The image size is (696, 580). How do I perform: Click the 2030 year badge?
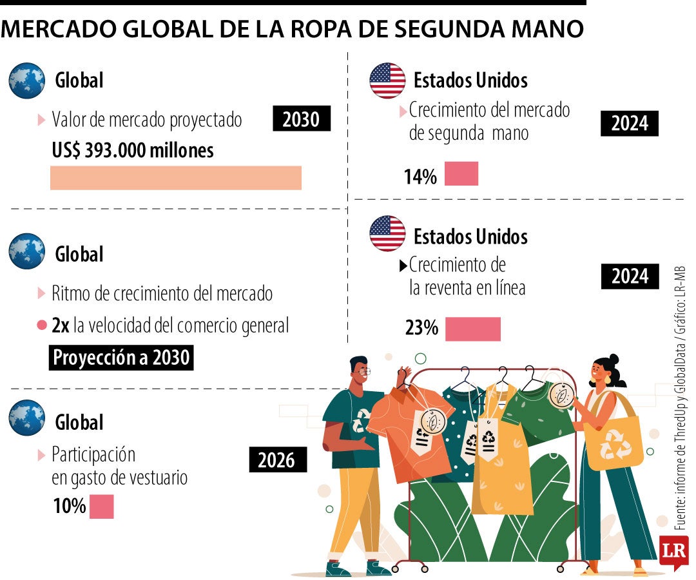tap(302, 119)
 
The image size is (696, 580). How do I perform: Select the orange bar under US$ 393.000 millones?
tap(176, 178)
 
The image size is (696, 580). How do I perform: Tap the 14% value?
tap(420, 176)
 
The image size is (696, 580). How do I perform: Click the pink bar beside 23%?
tap(473, 329)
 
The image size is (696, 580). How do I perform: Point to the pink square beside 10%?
tap(102, 507)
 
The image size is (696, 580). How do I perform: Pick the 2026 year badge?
tap(278, 459)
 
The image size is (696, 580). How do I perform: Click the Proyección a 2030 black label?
tap(121, 357)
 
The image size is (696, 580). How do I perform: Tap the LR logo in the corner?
tap(674, 552)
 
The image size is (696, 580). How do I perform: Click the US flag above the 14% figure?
tap(387, 81)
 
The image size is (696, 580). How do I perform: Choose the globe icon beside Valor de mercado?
tap(26, 81)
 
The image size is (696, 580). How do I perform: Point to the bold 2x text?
tap(61, 325)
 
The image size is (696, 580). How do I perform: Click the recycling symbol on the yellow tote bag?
tap(615, 444)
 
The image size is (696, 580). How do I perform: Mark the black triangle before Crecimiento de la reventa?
tap(403, 266)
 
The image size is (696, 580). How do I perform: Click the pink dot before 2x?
tap(42, 325)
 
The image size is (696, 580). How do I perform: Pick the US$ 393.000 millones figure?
tap(133, 150)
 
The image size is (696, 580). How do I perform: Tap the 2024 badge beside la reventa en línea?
tap(630, 276)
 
